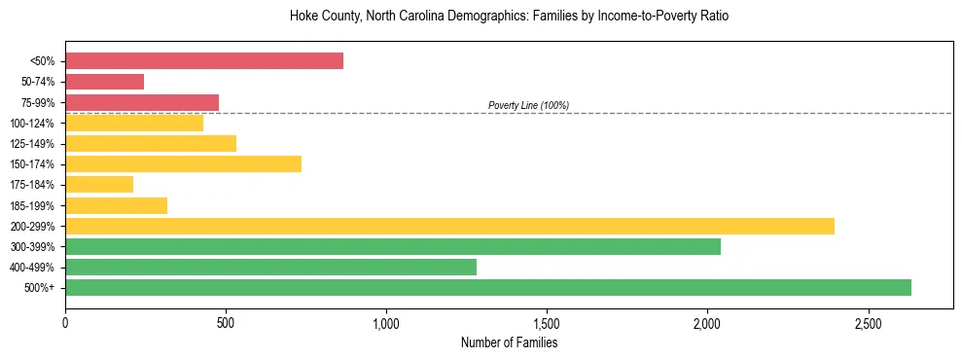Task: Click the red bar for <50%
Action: tap(204, 61)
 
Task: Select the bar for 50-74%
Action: tap(105, 82)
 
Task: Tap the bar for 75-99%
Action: tap(142, 102)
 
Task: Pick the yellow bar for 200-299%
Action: tap(449, 226)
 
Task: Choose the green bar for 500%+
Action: tap(488, 287)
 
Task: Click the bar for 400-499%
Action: tap(270, 267)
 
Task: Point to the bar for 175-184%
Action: tap(99, 184)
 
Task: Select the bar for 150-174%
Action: tap(183, 163)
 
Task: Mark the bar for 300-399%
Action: tap(393, 246)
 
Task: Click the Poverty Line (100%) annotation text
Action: tap(528, 105)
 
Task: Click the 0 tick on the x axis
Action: tap(65, 322)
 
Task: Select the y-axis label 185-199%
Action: tap(32, 205)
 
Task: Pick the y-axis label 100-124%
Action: tap(32, 124)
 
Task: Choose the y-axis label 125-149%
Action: tap(32, 144)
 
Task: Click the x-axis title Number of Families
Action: tap(509, 342)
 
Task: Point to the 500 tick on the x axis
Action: tap(226, 322)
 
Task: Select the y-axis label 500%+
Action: tap(39, 288)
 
